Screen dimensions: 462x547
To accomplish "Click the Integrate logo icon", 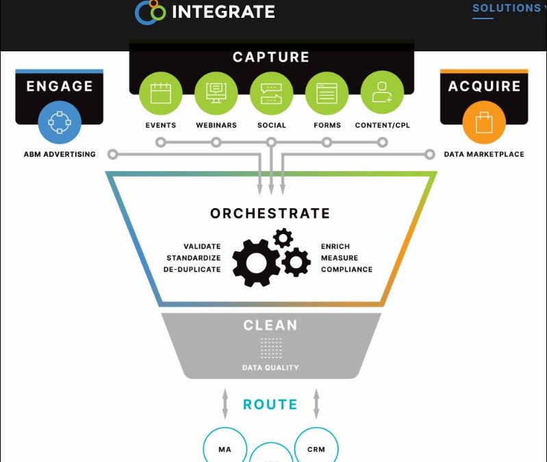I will [x=151, y=12].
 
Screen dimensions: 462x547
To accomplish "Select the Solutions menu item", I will [x=507, y=8].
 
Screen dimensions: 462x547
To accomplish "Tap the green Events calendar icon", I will [x=161, y=93].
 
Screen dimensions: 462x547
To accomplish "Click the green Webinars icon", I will [x=216, y=93].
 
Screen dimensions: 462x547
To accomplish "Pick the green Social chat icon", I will [x=271, y=93].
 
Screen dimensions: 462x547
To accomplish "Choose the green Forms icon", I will [x=327, y=93].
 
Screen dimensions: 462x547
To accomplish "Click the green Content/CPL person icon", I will [x=382, y=93].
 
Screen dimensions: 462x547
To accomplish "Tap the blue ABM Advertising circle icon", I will [x=60, y=122].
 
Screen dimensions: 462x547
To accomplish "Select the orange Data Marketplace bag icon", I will [x=484, y=122].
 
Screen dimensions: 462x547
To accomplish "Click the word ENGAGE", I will [x=60, y=86].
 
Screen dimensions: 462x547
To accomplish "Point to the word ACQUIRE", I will [x=484, y=86].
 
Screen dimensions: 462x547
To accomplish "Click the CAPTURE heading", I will [x=271, y=57].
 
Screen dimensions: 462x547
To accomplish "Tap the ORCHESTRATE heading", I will [x=270, y=214].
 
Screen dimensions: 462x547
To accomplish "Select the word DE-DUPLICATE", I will [x=192, y=270].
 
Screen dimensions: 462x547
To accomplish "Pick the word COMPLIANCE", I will [x=346, y=270].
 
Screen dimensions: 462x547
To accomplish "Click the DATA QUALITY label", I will [x=270, y=368].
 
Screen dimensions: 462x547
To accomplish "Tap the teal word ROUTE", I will [x=270, y=405].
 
